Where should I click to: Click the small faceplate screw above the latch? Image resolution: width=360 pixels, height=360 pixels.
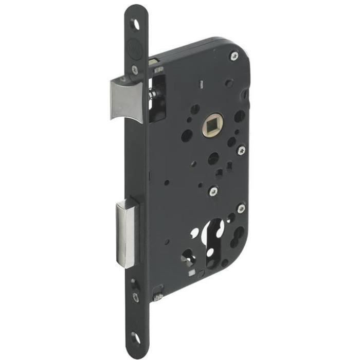(135, 69)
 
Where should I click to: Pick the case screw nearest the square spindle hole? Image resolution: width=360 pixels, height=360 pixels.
(241, 151)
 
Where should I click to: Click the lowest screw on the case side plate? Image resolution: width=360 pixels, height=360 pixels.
(241, 208)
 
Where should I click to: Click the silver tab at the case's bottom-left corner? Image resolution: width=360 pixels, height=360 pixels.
(159, 296)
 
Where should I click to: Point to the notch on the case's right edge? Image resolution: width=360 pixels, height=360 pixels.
(246, 95)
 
